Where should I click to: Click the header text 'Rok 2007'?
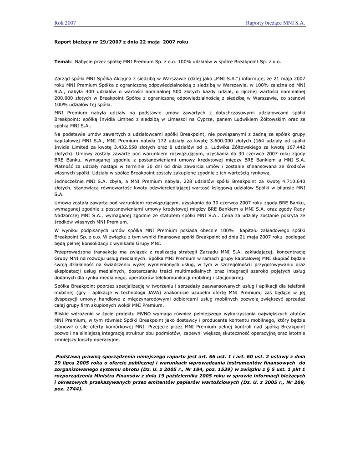pyautogui.click(x=65, y=22)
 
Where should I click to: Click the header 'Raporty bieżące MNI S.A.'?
pyautogui.click(x=275, y=22)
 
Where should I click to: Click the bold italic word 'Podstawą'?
pyautogui.click(x=70, y=356)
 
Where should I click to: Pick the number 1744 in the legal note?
pyautogui.click(x=73, y=389)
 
